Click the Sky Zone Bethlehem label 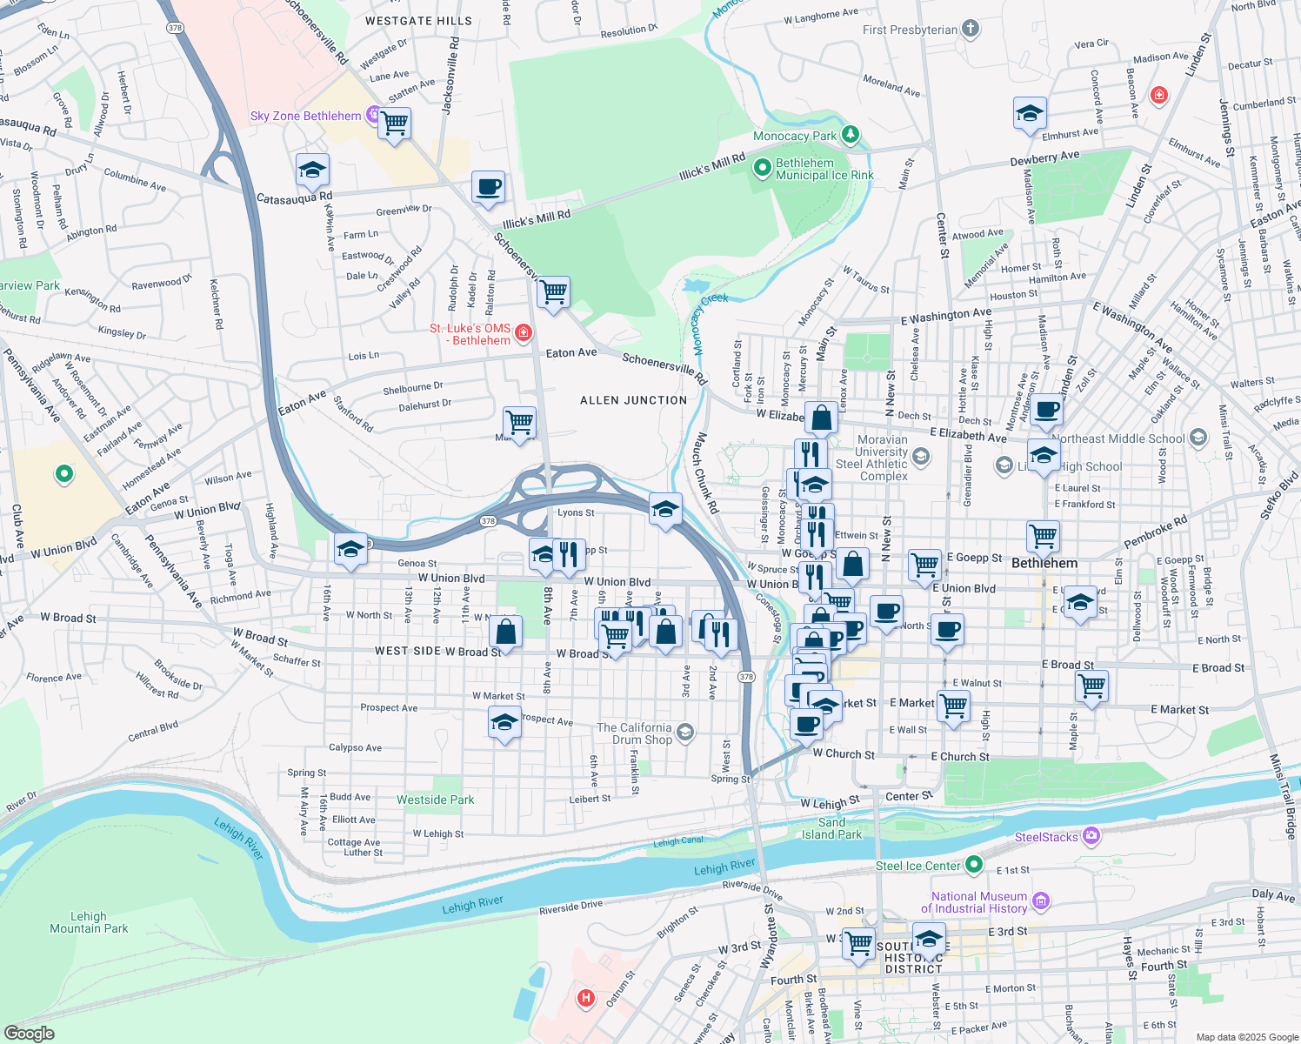click(x=305, y=116)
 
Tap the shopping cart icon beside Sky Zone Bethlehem click(x=395, y=123)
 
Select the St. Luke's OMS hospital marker click(x=523, y=332)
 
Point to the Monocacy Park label click(x=794, y=136)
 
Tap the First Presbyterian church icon click(x=971, y=30)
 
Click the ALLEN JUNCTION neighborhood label click(x=633, y=400)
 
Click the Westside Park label click(x=435, y=800)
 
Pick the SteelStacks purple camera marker click(x=1091, y=836)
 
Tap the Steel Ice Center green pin click(x=974, y=865)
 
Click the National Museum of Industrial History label click(x=978, y=902)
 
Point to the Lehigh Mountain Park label click(x=89, y=922)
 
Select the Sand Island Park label click(x=831, y=828)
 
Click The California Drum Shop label click(x=634, y=733)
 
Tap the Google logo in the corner click(x=29, y=1034)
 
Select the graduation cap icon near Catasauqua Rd click(x=312, y=171)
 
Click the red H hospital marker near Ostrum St click(x=586, y=998)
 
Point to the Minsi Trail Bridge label click(x=1283, y=797)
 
